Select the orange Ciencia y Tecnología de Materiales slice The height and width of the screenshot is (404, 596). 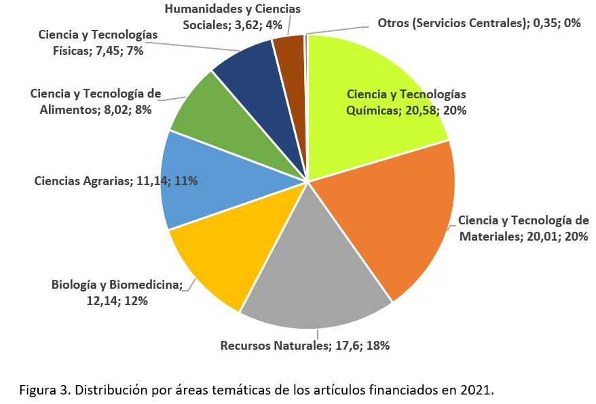(x=394, y=217)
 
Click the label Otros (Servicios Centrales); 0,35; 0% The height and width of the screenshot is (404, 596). (x=479, y=22)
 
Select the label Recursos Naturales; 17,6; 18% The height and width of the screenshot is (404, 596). (x=305, y=345)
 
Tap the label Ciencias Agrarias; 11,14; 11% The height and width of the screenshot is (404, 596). (x=116, y=181)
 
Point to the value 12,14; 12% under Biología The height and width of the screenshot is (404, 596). (x=117, y=300)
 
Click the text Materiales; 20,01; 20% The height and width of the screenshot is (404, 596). (x=523, y=237)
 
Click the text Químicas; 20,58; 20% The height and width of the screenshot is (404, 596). (x=406, y=110)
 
